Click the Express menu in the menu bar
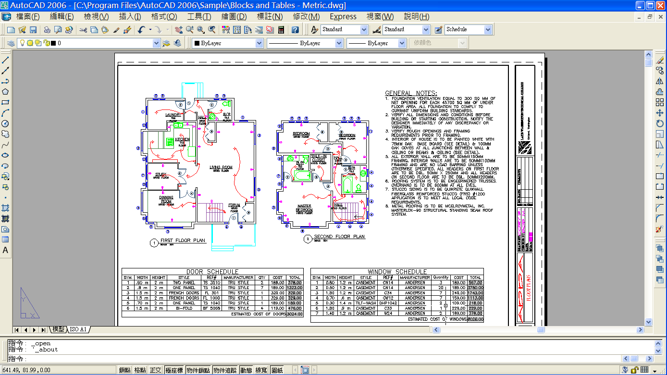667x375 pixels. (343, 16)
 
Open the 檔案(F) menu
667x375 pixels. (28, 16)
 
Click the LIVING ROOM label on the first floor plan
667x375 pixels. (221, 168)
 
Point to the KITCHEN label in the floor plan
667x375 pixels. (182, 140)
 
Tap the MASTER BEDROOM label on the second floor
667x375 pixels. (304, 208)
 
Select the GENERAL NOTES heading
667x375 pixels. (411, 93)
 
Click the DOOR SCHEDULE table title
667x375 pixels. (212, 272)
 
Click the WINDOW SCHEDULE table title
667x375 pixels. (397, 272)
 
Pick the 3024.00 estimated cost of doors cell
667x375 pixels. (295, 314)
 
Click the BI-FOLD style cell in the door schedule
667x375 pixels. (184, 308)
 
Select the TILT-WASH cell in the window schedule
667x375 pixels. (366, 303)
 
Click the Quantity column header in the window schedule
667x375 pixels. (441, 278)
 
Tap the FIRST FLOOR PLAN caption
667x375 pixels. (183, 240)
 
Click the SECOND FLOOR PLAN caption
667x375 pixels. (339, 237)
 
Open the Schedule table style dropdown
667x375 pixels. (488, 29)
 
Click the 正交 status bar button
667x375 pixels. (155, 370)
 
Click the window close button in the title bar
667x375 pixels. (660, 6)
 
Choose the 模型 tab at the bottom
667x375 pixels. (59, 329)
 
